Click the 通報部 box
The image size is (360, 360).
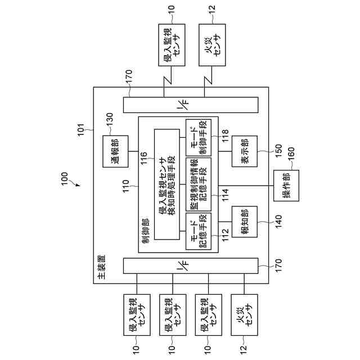114,151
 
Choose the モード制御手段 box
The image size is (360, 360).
199,137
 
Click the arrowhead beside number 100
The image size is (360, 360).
76,184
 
